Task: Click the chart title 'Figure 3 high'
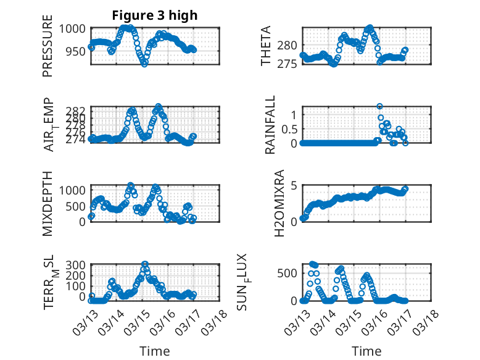click(155, 15)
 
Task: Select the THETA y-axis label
click(266, 46)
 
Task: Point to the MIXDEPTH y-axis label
click(48, 204)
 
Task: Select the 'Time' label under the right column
click(366, 351)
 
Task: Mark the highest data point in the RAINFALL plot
click(379, 106)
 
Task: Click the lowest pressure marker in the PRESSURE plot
click(144, 63)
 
